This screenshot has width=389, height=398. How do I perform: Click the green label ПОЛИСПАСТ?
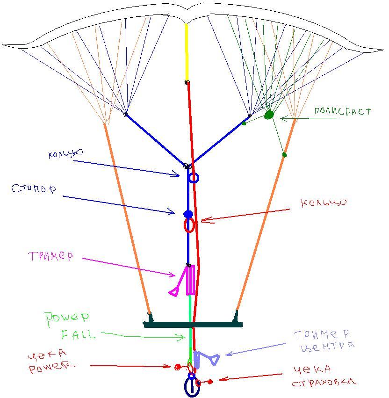click(342, 111)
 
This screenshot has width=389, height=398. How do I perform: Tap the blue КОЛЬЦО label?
click(65, 153)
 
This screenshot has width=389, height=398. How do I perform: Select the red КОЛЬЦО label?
click(324, 203)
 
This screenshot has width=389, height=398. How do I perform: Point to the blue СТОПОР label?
click(34, 189)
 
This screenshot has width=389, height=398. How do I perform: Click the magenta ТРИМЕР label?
click(50, 256)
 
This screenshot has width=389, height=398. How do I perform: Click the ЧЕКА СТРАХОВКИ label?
click(324, 376)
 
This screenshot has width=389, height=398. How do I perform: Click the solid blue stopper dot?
click(188, 214)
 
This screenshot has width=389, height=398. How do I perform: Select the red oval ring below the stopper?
click(189, 225)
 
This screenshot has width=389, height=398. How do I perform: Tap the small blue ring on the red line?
click(194, 178)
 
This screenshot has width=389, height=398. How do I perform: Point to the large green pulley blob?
click(269, 115)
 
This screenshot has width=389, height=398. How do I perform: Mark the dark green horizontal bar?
click(193, 324)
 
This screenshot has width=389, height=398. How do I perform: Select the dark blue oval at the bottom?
click(192, 387)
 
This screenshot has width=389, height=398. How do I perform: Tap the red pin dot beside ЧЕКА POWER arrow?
click(178, 367)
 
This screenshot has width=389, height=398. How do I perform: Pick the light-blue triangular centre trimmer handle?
click(214, 359)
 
